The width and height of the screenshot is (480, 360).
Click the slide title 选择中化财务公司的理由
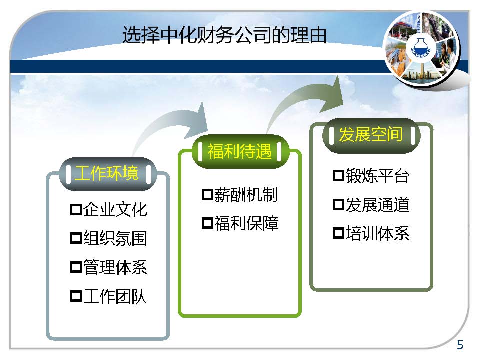pyautogui.click(x=224, y=35)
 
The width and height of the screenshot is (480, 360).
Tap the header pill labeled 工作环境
pyautogui.click(x=108, y=174)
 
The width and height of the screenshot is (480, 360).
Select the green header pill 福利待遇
pyautogui.click(x=240, y=151)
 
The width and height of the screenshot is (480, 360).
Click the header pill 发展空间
pyautogui.click(x=371, y=135)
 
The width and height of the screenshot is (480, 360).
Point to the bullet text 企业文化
pyautogui.click(x=115, y=210)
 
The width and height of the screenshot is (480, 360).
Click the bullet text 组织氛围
pyautogui.click(x=115, y=238)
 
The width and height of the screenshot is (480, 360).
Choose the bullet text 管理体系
pyautogui.click(x=115, y=267)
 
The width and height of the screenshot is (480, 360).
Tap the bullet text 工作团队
pyautogui.click(x=115, y=296)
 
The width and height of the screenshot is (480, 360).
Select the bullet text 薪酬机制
pyautogui.click(x=246, y=194)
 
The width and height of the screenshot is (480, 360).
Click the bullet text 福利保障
pyautogui.click(x=246, y=223)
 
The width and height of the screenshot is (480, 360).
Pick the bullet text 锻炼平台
pyautogui.click(x=378, y=176)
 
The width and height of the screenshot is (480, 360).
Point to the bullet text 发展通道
pyautogui.click(x=378, y=205)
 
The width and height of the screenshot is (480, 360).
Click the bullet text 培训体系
pyautogui.click(x=378, y=233)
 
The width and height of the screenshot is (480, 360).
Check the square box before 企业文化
pyautogui.click(x=76, y=210)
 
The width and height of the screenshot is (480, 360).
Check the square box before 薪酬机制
pyautogui.click(x=207, y=194)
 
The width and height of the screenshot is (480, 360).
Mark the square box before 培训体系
pyautogui.click(x=339, y=233)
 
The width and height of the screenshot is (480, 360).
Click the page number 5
pyautogui.click(x=460, y=345)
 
